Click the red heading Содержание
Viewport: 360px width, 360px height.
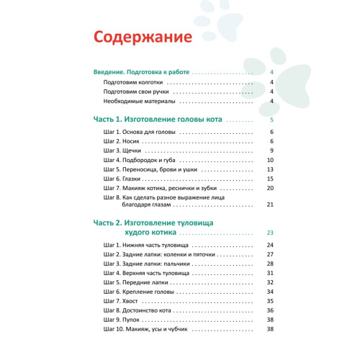(x=143, y=36)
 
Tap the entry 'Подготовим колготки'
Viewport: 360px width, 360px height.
(x=134, y=83)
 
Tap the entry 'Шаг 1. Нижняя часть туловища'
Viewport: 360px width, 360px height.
(x=146, y=246)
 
